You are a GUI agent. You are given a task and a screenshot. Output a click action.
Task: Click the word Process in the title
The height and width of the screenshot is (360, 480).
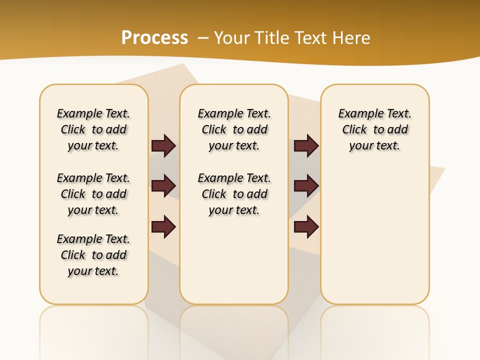154,37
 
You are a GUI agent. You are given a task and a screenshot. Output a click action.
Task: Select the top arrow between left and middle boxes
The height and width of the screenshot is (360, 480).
163,145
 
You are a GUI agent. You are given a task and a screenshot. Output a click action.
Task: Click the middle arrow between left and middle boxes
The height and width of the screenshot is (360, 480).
163,186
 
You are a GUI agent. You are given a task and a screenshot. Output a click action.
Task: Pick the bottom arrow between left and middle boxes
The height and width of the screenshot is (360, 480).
163,227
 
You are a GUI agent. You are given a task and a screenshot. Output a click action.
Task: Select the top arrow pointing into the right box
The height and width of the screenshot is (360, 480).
306,145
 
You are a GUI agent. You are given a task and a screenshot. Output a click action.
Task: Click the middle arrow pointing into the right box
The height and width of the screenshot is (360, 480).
306,186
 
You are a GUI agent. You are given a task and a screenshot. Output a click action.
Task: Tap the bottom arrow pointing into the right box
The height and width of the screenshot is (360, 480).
306,227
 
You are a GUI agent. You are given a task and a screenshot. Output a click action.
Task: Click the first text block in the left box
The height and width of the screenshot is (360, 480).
93,129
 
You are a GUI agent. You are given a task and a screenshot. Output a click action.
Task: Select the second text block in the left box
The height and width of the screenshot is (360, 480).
93,194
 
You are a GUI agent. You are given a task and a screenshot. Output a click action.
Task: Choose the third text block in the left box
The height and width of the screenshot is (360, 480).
93,255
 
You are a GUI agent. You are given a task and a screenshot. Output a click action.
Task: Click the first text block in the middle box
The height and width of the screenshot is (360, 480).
234,129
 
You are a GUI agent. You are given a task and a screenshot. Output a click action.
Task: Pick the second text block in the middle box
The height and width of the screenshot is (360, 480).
234,194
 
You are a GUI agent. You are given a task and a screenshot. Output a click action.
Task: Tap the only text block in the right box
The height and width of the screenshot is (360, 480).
375,129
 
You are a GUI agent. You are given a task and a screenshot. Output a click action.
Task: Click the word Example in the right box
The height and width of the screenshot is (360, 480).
356,113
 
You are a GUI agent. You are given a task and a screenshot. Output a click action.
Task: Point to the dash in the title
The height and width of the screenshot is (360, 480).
203,38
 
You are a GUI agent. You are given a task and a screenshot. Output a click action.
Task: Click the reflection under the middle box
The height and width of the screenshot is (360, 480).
234,330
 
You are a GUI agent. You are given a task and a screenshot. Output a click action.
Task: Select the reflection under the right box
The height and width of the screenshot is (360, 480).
375,330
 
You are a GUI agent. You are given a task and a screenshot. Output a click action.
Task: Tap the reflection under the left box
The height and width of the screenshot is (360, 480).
94,330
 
